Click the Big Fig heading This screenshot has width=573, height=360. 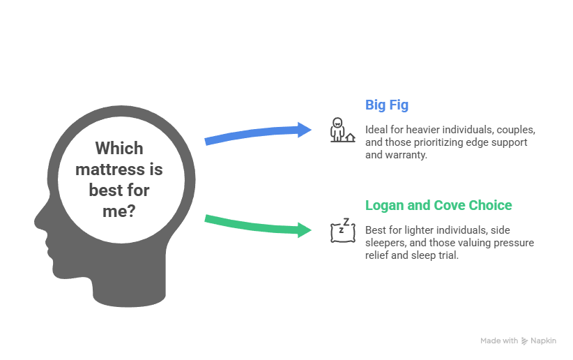[387, 105]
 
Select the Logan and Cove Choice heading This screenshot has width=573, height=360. [438, 205]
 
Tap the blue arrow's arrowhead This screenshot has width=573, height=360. [305, 129]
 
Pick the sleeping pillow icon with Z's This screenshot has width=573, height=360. [340, 230]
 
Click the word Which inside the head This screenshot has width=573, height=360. [119, 148]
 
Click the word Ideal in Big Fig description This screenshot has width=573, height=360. [376, 130]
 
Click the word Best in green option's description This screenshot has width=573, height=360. [375, 230]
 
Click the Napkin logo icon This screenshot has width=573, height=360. [524, 341]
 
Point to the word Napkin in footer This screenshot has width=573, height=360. [544, 341]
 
